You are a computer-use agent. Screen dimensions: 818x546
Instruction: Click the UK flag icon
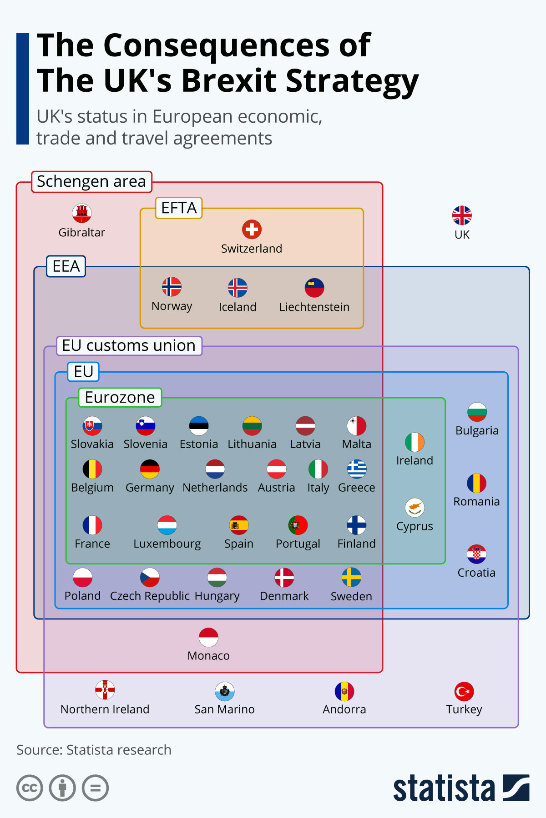click(x=462, y=215)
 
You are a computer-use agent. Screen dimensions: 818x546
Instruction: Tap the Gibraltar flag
click(x=82, y=213)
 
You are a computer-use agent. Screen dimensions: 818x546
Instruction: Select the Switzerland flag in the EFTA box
click(x=252, y=229)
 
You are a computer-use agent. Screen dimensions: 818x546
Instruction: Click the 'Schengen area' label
click(x=91, y=181)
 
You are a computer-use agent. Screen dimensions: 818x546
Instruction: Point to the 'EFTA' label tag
click(x=179, y=208)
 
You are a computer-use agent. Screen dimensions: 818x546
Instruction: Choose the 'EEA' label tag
click(x=66, y=266)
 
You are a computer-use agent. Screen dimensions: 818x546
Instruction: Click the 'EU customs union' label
click(x=129, y=345)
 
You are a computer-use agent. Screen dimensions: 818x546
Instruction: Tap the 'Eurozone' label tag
click(x=120, y=398)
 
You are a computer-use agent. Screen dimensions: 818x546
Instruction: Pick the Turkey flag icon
click(x=464, y=692)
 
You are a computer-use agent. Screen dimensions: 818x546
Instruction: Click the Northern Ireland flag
click(x=105, y=690)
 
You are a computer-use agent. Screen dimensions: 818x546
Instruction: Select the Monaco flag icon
click(x=208, y=637)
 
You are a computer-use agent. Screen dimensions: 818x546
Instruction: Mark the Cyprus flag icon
click(x=415, y=508)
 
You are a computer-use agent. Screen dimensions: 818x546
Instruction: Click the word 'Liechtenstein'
click(x=314, y=307)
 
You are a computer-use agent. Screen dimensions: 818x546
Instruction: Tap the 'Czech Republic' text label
click(x=150, y=596)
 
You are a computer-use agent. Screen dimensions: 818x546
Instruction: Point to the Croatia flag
click(x=476, y=554)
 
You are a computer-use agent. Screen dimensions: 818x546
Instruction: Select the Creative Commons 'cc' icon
click(x=30, y=788)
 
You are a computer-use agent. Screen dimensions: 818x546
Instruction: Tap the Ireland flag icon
click(x=415, y=442)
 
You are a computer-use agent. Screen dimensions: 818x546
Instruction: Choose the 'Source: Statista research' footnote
click(x=94, y=750)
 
